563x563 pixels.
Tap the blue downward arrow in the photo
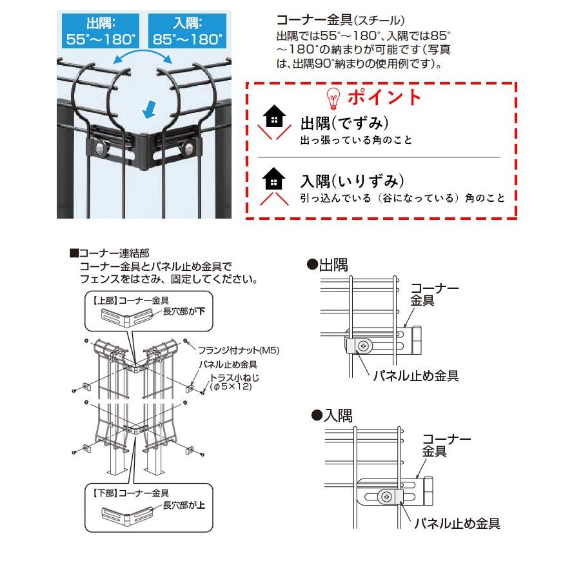coord(150,110)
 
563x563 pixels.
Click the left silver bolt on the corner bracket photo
coord(101,148)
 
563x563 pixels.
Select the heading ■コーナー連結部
coord(109,254)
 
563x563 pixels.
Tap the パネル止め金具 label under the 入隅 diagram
coord(457,522)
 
